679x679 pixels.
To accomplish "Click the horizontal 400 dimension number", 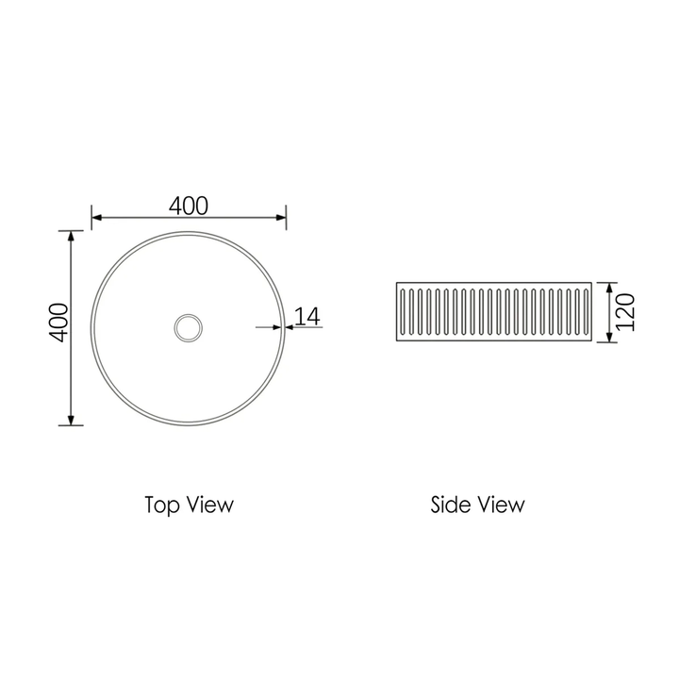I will click(189, 205).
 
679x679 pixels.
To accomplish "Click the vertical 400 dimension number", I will click(58, 323).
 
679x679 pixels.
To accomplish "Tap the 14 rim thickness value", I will click(307, 316).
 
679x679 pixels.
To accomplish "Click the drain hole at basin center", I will click(189, 327).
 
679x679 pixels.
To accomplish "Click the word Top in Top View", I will click(161, 505).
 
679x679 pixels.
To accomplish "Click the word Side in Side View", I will click(450, 505).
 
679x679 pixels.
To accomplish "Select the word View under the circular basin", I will click(210, 505).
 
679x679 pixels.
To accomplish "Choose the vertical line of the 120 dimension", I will click(610, 311).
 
